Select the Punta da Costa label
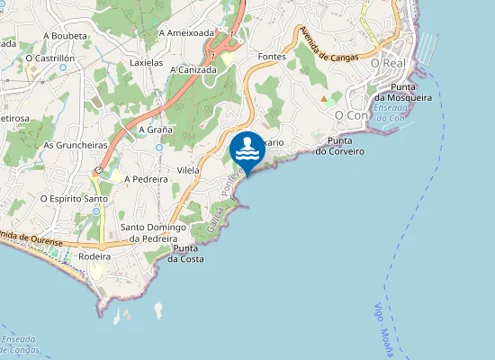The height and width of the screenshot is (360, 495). [x=186, y=254]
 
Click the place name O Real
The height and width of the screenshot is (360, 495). [x=389, y=64]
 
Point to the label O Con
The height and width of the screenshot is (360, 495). [x=351, y=116]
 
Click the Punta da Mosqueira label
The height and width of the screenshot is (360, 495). [x=402, y=93]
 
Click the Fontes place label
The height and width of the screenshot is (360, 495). [x=271, y=57]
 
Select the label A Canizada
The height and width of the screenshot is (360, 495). [x=191, y=69]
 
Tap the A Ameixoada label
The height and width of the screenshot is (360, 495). [x=186, y=32]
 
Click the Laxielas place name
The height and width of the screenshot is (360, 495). [x=147, y=64]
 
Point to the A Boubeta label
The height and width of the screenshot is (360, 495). [x=65, y=37]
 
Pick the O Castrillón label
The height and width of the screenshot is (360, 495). [x=49, y=58]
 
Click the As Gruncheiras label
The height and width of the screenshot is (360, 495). [x=75, y=145]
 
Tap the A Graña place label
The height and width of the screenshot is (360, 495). [x=155, y=130]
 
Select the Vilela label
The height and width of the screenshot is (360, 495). [x=188, y=169]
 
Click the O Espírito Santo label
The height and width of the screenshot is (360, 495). [x=74, y=198]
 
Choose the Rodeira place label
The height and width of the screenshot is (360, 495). [x=94, y=256]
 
